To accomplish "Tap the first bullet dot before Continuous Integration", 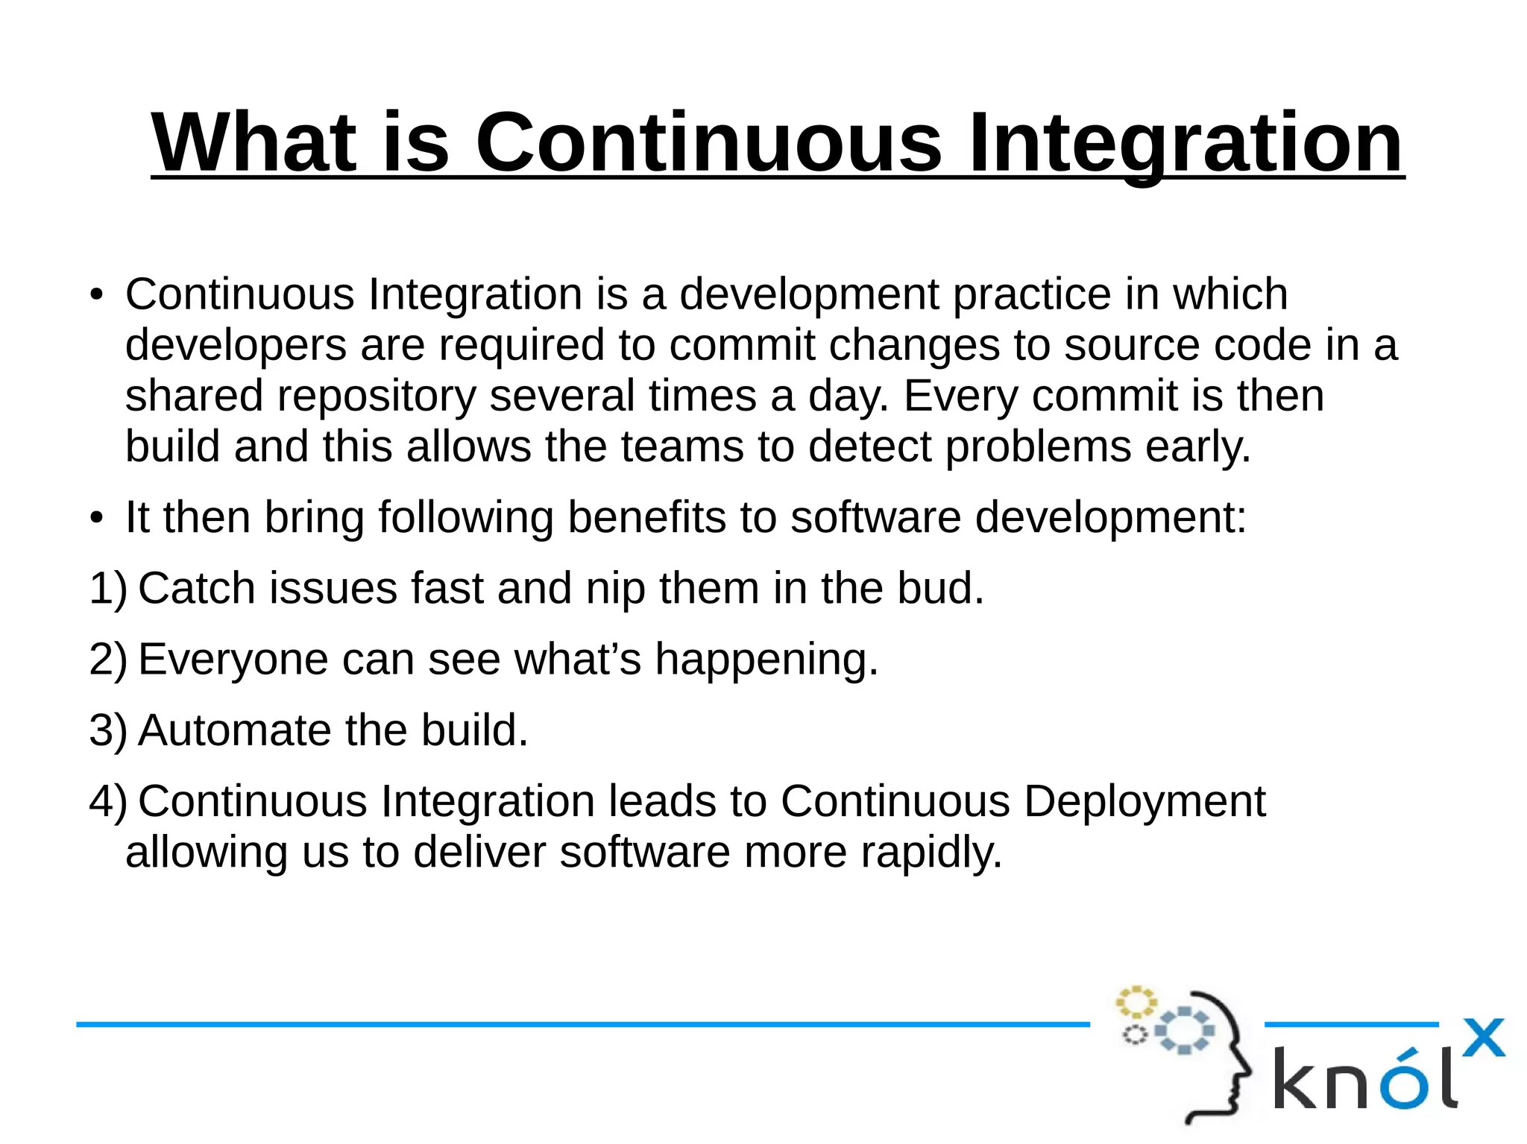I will click(x=95, y=295).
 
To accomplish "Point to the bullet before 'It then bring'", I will click(x=95, y=518).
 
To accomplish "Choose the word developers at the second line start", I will click(x=236, y=346).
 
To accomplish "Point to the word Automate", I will click(x=234, y=730).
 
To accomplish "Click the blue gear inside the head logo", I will click(x=1185, y=1030).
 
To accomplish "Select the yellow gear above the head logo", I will click(x=1136, y=1002).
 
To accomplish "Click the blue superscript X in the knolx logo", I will click(x=1484, y=1037).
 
